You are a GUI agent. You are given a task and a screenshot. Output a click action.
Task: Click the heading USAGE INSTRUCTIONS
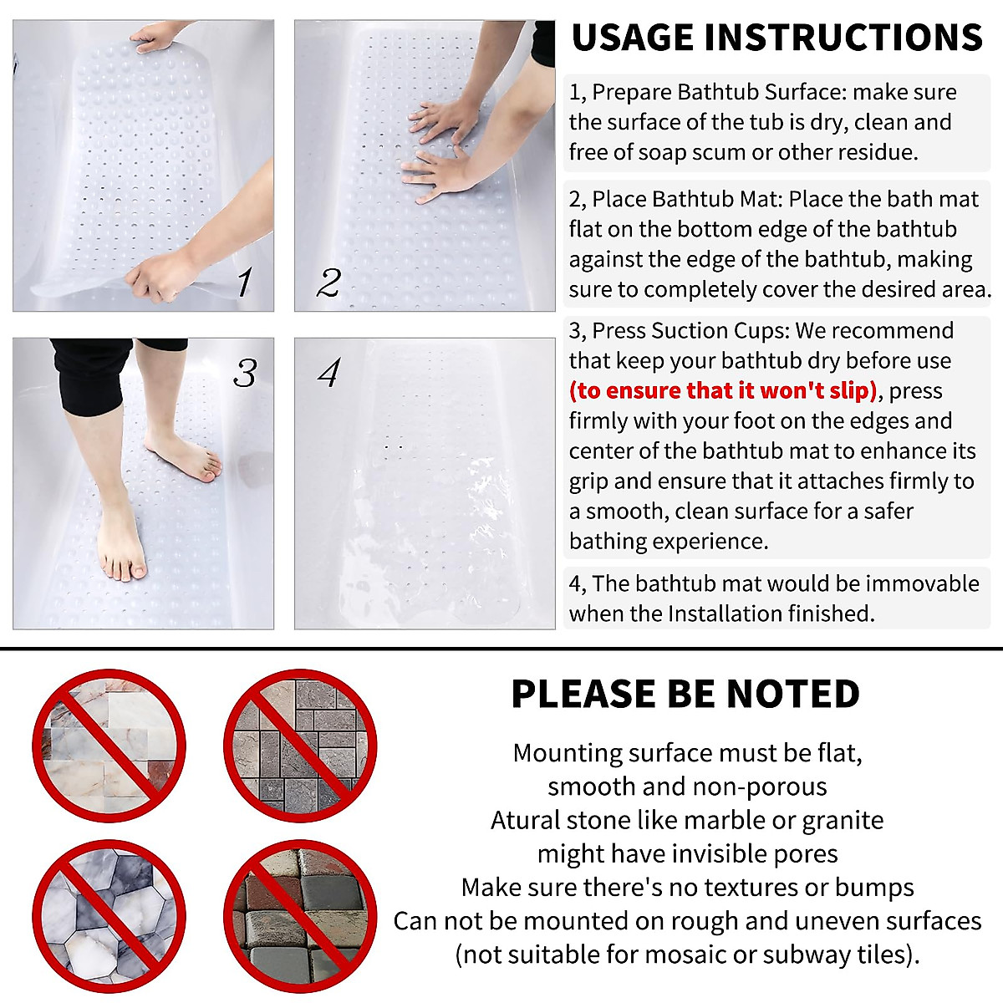[776, 38]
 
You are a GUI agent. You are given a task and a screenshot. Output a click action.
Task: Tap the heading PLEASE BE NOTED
[685, 694]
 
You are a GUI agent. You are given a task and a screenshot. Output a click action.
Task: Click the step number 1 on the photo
[243, 282]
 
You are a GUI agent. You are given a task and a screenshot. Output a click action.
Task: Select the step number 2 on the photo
[328, 283]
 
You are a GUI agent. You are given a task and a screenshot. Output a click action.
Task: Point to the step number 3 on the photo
[244, 373]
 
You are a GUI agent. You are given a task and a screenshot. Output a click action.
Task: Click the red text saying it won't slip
[724, 391]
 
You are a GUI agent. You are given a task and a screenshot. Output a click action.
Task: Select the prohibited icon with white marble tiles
[109, 745]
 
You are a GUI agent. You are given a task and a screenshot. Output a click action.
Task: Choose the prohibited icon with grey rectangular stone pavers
[300, 745]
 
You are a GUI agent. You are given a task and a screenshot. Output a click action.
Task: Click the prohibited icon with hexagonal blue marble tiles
[109, 916]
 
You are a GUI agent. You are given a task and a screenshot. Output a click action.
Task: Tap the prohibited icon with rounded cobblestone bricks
[300, 916]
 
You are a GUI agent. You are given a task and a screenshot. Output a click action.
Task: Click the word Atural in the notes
[523, 820]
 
